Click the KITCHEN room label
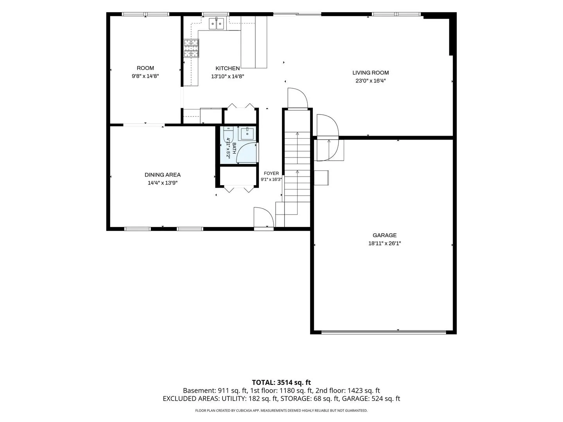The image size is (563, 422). click(x=228, y=68)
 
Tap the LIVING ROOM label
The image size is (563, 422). click(x=370, y=73)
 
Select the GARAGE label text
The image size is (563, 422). click(x=384, y=235)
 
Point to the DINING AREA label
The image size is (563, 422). click(x=163, y=175)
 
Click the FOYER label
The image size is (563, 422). click(x=271, y=173)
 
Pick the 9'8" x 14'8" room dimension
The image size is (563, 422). click(x=145, y=76)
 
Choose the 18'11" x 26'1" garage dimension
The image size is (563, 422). click(x=384, y=243)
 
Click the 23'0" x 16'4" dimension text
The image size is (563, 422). click(x=370, y=81)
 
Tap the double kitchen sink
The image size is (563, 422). click(x=216, y=23)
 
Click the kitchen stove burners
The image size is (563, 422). click(x=191, y=48)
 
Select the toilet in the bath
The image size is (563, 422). click(x=228, y=135)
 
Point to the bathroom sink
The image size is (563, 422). click(x=247, y=134)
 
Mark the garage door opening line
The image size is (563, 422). click(x=384, y=333)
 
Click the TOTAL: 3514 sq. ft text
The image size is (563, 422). click(x=281, y=383)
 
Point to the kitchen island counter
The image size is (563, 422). click(x=254, y=42)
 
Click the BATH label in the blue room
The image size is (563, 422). click(x=234, y=148)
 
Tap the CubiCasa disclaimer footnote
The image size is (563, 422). click(x=281, y=410)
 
